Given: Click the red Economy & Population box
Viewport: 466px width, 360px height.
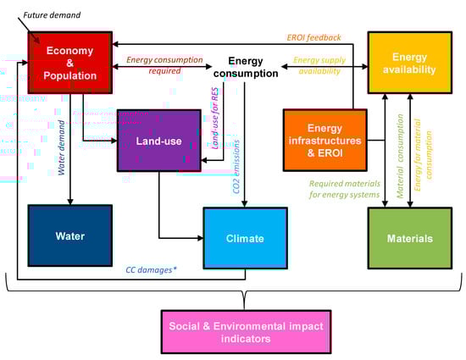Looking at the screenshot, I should (70, 63).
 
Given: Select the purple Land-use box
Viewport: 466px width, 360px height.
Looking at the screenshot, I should (158, 140).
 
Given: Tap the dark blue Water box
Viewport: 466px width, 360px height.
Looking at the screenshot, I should (69, 235).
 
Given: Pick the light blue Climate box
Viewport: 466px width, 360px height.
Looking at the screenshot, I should (245, 238).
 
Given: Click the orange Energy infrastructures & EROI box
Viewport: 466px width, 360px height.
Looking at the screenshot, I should (325, 140).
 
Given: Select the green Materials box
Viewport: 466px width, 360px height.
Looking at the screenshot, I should (409, 238).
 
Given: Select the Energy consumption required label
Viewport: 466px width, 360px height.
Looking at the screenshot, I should (166, 65).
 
